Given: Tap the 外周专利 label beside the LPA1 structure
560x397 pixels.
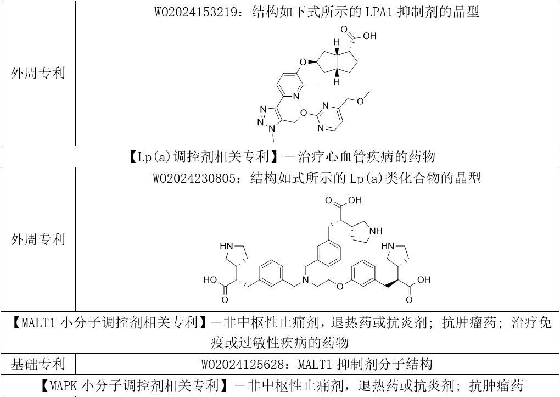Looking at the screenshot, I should tap(38, 73).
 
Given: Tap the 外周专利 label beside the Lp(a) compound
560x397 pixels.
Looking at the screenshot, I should tap(38, 239).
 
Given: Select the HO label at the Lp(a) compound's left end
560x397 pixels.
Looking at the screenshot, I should tap(210, 280).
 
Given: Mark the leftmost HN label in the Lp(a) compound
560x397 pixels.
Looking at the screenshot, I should tap(227, 245).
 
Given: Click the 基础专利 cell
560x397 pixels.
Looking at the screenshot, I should tap(38, 364).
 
